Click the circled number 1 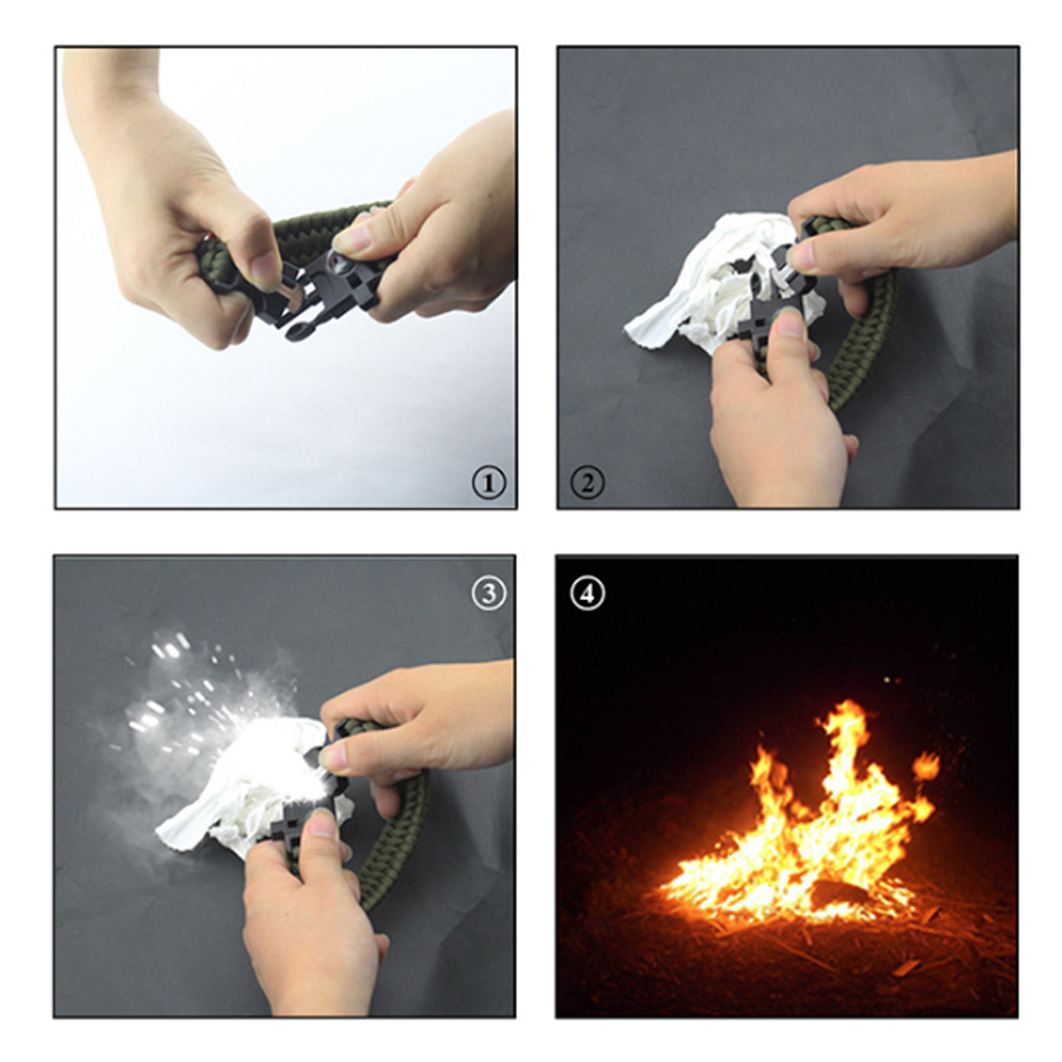pos(489,483)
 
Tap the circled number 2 pos(587,483)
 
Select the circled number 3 pos(489,593)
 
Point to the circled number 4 pos(587,593)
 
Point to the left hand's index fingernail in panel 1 pos(265,270)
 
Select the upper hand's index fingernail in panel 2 pos(801,257)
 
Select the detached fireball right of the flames pos(925,766)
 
